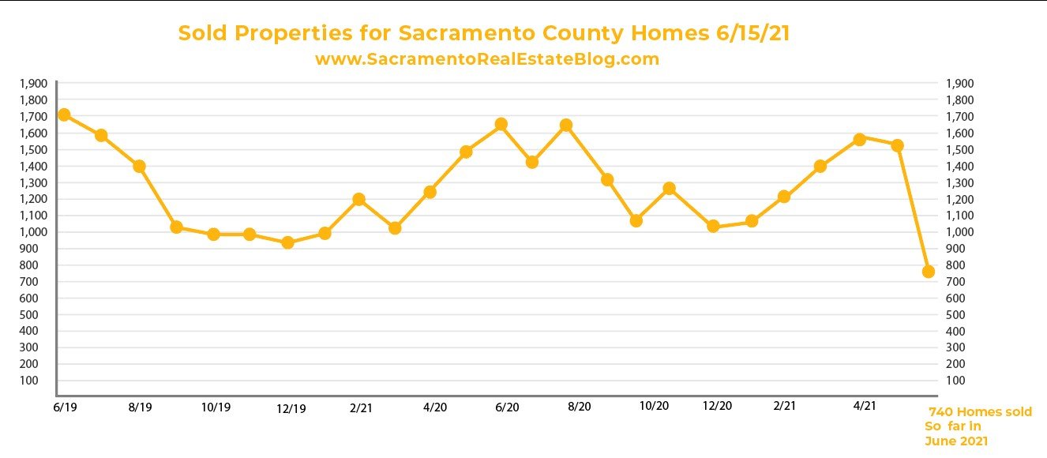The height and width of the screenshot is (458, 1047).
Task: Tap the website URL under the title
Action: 486,59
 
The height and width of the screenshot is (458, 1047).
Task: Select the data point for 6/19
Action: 65,115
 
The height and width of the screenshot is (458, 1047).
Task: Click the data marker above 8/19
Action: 140,167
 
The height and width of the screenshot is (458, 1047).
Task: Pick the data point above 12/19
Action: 288,242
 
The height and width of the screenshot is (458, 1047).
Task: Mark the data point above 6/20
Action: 501,124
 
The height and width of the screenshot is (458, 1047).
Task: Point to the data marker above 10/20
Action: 670,189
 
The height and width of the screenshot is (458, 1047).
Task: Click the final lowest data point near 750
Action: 929,272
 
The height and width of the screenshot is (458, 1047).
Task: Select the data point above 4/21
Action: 860,139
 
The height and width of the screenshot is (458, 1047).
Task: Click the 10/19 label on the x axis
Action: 216,407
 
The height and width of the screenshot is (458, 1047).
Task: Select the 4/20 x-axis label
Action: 435,407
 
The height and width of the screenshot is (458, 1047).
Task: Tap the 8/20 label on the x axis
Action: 580,407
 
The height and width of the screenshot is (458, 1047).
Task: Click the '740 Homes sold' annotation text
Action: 979,412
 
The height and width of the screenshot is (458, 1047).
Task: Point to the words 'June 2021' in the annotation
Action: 956,441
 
